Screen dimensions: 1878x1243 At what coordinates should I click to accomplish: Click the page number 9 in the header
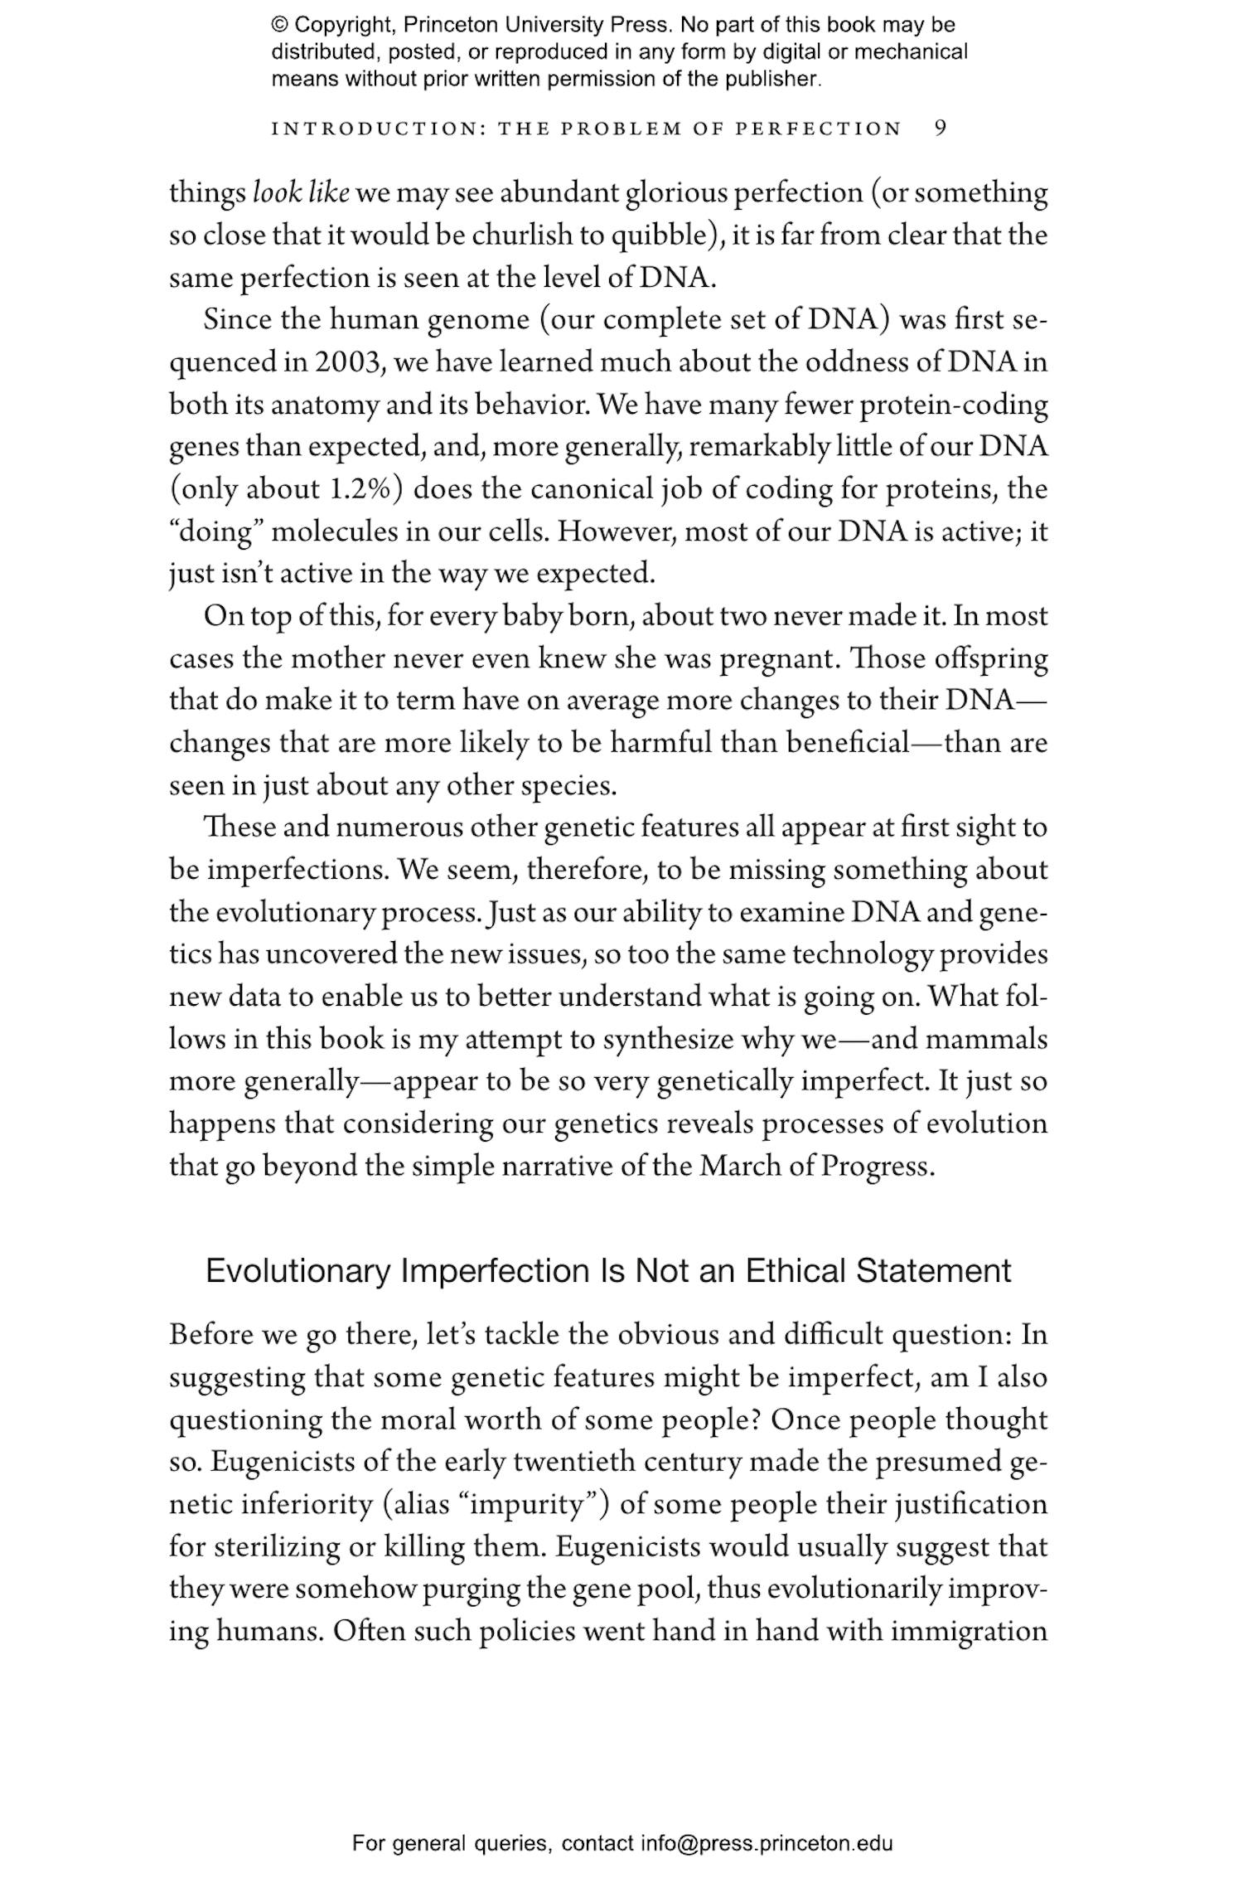(x=940, y=129)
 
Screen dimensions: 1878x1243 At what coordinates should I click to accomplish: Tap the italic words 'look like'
(x=301, y=193)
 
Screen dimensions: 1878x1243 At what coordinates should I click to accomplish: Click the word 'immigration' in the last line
(x=969, y=1632)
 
